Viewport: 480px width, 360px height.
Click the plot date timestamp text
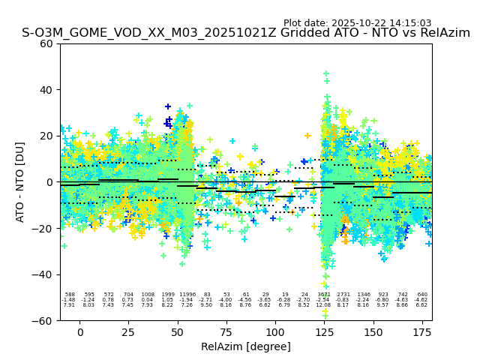(x=357, y=23)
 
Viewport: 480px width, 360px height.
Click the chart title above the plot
(x=246, y=33)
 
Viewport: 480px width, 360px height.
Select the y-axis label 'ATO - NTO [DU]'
(x=20, y=181)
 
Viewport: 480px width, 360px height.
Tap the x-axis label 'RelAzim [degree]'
(x=246, y=346)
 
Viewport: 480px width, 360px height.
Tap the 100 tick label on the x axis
(x=275, y=331)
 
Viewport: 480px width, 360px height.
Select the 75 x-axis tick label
(x=226, y=331)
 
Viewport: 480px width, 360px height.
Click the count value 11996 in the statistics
(x=187, y=295)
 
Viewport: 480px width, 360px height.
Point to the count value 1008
(x=148, y=295)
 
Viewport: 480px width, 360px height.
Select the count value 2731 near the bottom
(x=343, y=295)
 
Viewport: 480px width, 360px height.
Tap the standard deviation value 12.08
(x=324, y=305)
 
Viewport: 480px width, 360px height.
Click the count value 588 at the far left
(x=70, y=295)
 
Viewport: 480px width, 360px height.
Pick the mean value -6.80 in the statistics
(x=383, y=300)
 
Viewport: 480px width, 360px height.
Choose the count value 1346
(x=364, y=295)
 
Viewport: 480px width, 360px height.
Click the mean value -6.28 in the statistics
(x=285, y=300)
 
